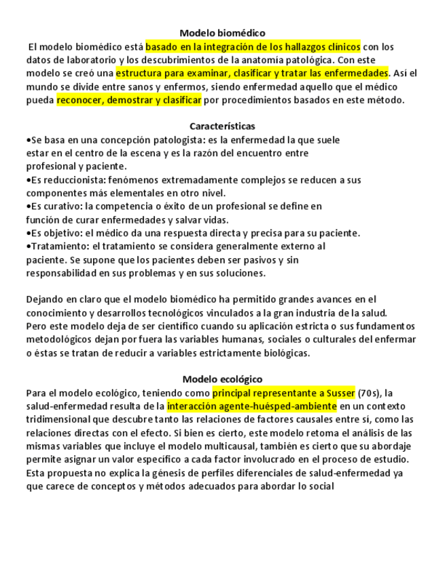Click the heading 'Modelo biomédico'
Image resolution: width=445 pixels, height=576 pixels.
[222, 33]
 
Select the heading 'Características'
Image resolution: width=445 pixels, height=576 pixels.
[222, 126]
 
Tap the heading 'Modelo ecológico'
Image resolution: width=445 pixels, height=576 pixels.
[222, 379]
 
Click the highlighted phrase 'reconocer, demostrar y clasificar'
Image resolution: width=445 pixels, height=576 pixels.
[129, 100]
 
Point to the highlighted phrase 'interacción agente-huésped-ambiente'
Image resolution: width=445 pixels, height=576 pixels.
[251, 406]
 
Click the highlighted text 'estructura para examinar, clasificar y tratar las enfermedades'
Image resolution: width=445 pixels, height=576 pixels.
[252, 73]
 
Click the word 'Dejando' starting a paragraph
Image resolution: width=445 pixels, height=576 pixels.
[45, 300]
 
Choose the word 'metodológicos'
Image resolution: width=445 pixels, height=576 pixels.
[58, 340]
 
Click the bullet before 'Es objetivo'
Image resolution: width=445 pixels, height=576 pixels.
[28, 233]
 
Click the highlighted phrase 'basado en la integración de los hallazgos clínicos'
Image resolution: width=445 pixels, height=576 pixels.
[253, 46]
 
